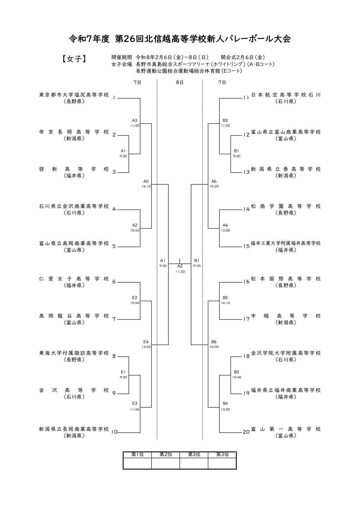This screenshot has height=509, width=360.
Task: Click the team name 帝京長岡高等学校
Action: coord(74,132)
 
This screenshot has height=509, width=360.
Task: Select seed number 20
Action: coord(246,432)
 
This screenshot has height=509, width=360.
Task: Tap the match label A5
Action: coord(146,181)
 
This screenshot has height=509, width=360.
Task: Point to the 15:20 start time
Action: coord(214,186)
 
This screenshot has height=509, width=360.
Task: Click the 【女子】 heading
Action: coord(74,59)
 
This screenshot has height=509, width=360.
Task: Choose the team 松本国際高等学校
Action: coord(286,279)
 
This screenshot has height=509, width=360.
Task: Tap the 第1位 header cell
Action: coord(137,455)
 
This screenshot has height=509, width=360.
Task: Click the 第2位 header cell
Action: coord(166,455)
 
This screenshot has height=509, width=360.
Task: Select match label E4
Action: coord(146,342)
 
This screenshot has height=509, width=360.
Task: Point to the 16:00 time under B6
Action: coord(214,347)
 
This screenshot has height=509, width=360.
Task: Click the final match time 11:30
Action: coord(180,272)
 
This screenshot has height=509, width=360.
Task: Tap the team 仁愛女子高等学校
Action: coord(74,279)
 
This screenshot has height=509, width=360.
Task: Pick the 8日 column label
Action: coord(180,82)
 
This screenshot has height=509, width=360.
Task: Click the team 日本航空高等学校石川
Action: coord(286,95)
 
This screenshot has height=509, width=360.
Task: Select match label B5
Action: coord(225,298)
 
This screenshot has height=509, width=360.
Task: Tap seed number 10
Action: coord(114,432)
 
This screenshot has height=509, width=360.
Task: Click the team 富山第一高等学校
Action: coord(286,429)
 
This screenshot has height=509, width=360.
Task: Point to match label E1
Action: coord(123,372)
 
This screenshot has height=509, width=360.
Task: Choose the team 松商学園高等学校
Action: coord(286,206)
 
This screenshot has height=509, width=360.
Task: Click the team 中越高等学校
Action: coord(286,316)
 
